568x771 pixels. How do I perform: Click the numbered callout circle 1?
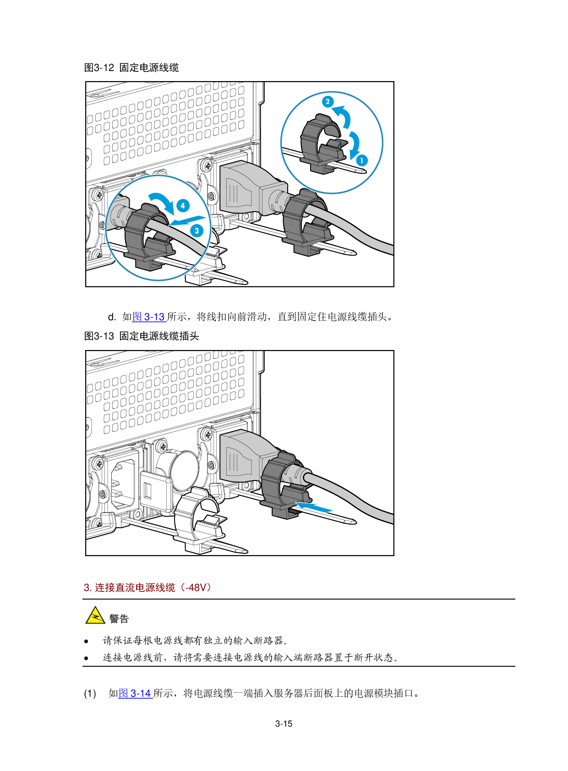coord(361,160)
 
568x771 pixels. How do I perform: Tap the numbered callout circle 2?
coord(328,102)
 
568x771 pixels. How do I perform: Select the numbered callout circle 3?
coord(197,230)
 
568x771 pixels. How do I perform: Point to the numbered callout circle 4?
coord(183,206)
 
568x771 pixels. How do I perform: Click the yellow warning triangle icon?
coord(95,616)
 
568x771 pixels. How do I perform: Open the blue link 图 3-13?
coord(149,317)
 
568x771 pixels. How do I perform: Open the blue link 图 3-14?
coord(135,693)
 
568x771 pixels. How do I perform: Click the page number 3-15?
coord(284,724)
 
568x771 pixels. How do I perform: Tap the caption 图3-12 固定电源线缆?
coord(131,67)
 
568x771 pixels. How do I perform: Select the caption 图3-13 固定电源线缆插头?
coord(142,336)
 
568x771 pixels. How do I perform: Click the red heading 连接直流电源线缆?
coord(135,588)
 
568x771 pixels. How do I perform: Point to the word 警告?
coord(119,619)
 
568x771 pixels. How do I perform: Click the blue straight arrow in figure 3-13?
coord(314,507)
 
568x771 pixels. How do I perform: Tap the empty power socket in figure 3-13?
coord(123,484)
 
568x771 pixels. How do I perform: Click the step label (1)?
coord(90,694)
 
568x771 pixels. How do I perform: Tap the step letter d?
coord(111,317)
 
